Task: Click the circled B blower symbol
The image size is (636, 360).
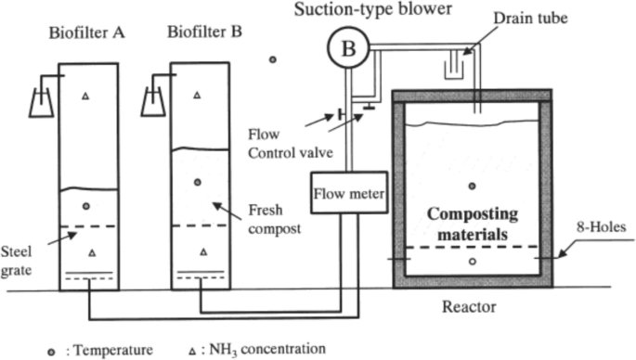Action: coord(347,49)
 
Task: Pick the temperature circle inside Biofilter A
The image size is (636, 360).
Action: coord(85,205)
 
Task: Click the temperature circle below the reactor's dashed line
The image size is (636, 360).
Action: coord(473,262)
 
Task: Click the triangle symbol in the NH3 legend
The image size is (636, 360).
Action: coord(193,350)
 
